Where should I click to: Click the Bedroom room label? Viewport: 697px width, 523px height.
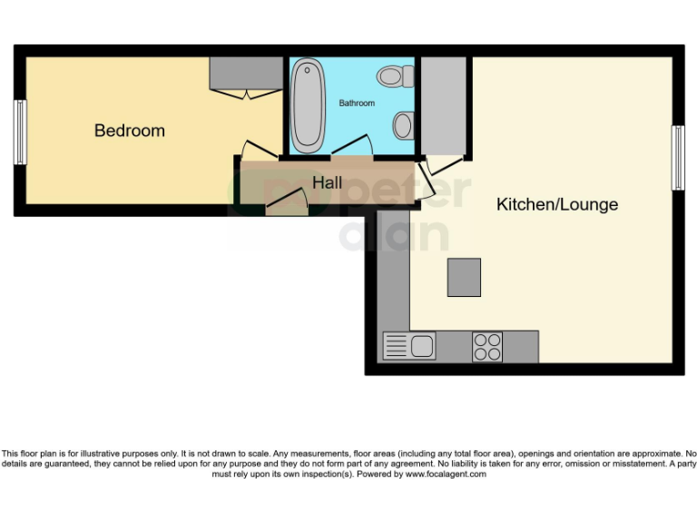click(x=130, y=131)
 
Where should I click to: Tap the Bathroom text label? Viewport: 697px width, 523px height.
click(x=357, y=104)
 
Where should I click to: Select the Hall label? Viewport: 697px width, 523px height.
click(x=327, y=183)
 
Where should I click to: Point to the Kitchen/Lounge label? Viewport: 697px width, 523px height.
click(x=556, y=204)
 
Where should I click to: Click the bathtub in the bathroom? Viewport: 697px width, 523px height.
click(x=307, y=105)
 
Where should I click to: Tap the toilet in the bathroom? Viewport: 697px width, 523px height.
click(x=395, y=76)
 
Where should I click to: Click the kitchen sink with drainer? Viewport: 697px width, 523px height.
click(x=409, y=346)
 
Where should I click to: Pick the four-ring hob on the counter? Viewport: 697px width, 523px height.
click(x=486, y=346)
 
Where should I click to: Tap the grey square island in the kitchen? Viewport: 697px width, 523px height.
click(x=464, y=277)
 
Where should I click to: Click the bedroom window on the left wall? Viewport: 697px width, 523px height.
click(x=20, y=132)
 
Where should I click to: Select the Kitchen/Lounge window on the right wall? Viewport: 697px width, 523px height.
click(x=677, y=158)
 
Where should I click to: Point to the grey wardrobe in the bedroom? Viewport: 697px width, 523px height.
click(x=247, y=73)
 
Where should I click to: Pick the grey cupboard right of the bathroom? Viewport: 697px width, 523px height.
click(x=443, y=105)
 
